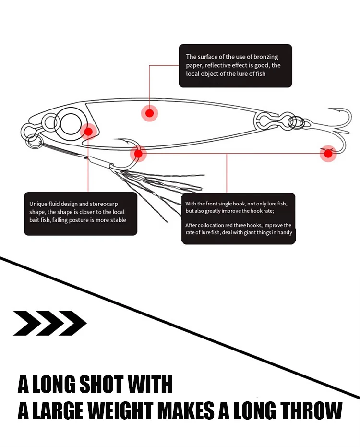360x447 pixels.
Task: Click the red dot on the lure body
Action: click(x=150, y=113)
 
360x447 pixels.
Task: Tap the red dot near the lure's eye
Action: click(x=88, y=131)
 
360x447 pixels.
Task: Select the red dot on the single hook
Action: click(x=138, y=154)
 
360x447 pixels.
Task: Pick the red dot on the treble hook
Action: click(x=328, y=154)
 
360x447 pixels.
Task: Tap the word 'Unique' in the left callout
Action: click(x=38, y=204)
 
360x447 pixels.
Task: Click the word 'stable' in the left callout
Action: click(x=117, y=220)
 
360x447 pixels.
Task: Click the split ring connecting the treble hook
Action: click(x=297, y=123)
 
